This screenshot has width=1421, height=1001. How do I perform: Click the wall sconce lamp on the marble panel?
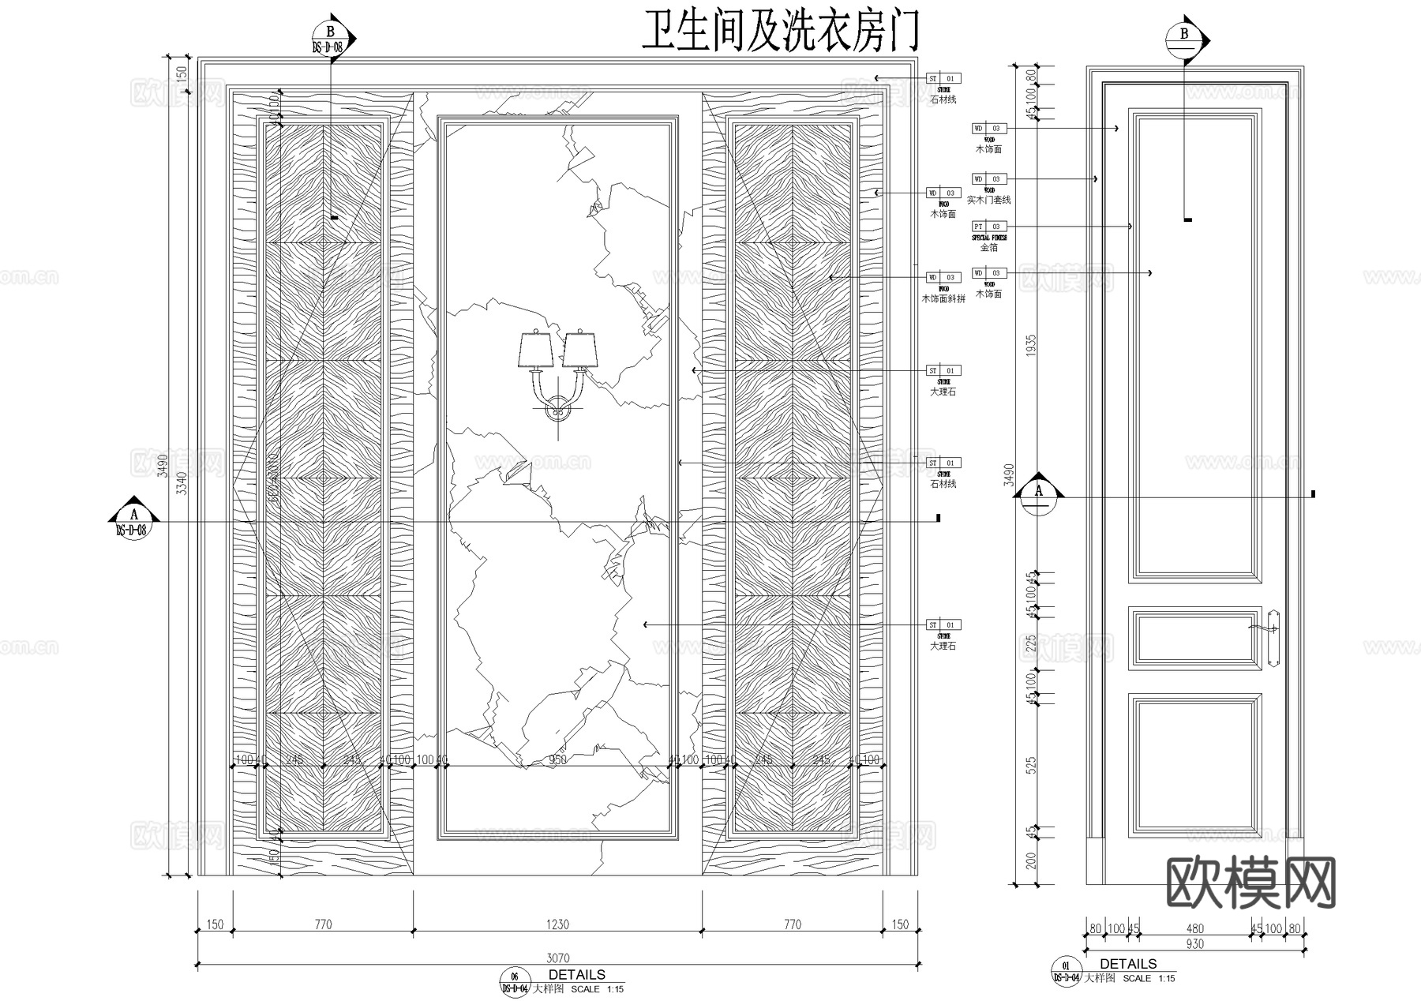click(557, 371)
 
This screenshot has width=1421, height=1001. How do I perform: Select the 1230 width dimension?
click(557, 924)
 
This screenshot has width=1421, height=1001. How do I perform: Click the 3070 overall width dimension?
click(557, 958)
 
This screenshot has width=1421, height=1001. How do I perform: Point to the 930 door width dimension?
click(1194, 944)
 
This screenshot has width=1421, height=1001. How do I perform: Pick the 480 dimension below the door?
click(1195, 929)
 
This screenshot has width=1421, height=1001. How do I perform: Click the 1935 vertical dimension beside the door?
click(1030, 347)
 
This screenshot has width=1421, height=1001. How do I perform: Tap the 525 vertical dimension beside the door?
click(1030, 765)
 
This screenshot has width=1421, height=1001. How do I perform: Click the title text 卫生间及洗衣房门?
click(781, 33)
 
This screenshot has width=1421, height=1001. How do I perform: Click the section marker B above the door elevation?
click(1185, 38)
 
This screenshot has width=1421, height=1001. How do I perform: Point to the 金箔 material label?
click(989, 248)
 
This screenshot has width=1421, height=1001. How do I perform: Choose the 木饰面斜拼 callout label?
click(943, 299)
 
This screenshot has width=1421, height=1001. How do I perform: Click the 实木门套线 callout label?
click(988, 201)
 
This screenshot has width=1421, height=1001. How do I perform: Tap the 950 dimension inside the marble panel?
click(557, 760)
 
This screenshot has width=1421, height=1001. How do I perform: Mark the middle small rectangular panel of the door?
click(1194, 638)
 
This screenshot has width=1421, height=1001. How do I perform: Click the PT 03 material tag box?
click(989, 227)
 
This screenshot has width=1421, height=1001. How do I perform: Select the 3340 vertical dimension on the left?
click(180, 481)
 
